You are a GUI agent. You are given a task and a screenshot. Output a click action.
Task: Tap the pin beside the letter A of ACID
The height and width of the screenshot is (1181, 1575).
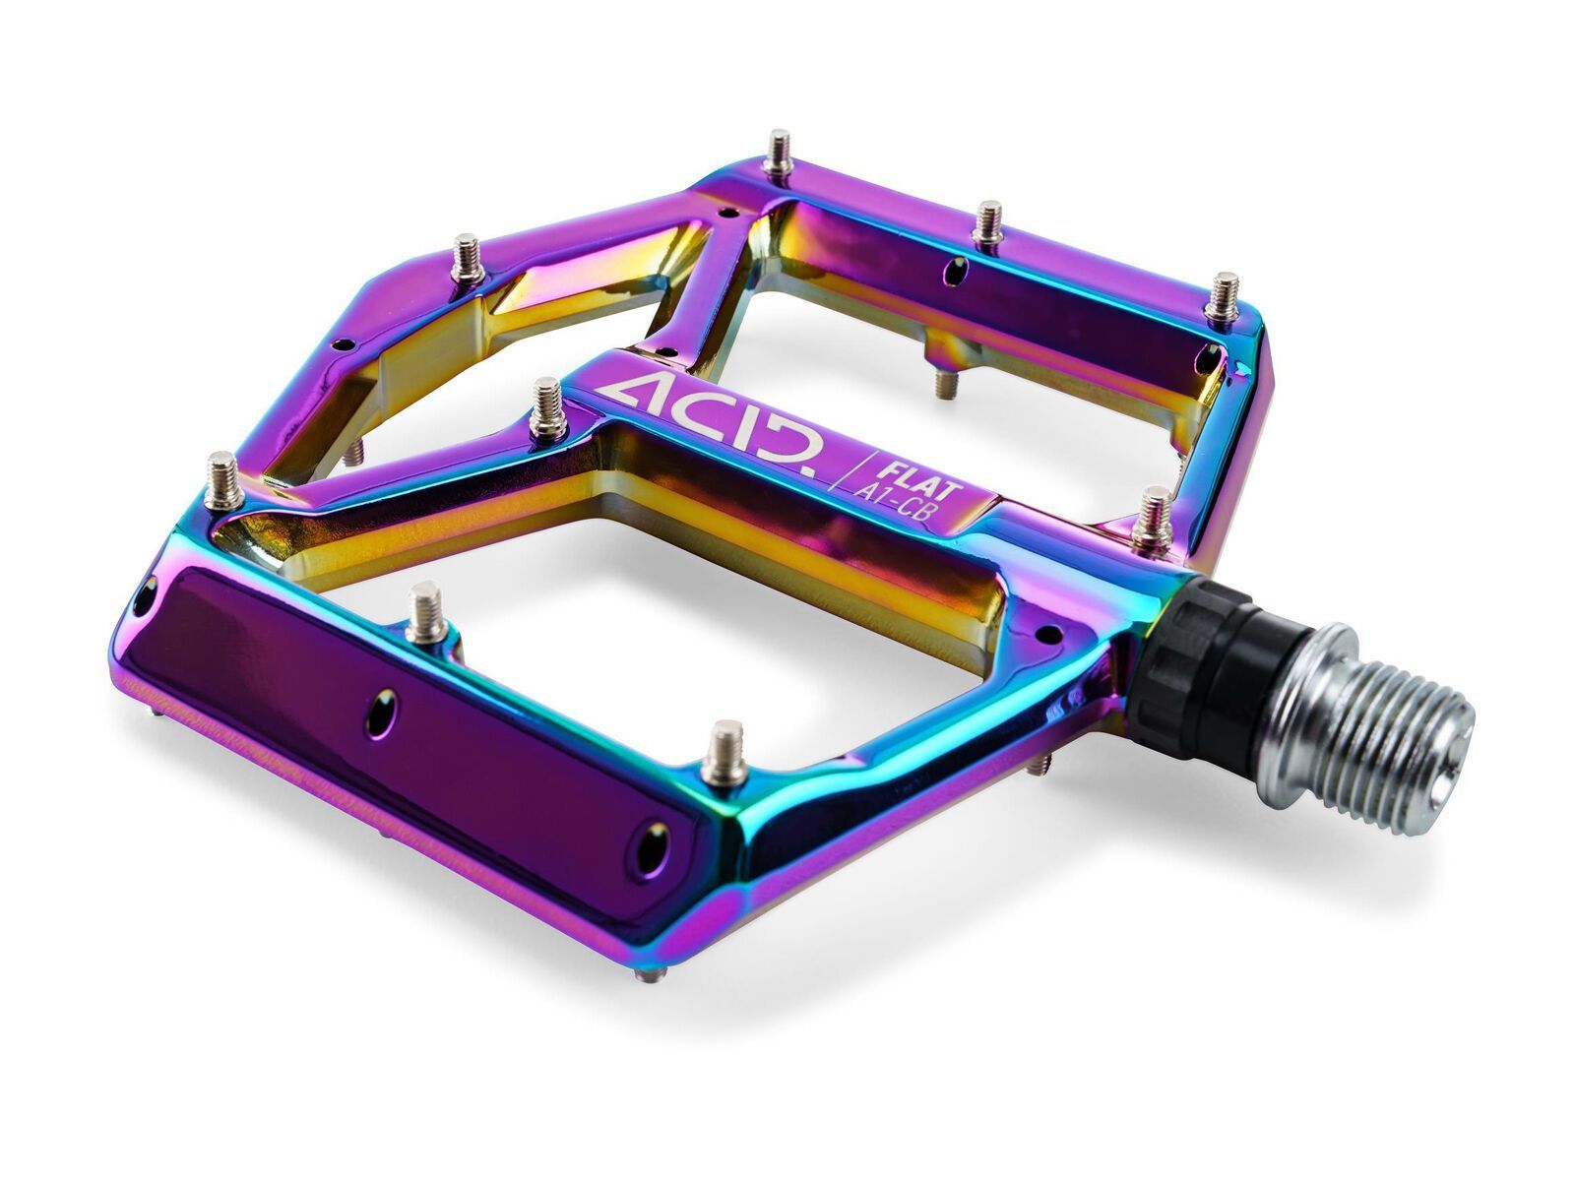tap(547, 407)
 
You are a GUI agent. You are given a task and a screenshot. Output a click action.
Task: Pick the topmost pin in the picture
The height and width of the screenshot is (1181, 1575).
tap(779, 154)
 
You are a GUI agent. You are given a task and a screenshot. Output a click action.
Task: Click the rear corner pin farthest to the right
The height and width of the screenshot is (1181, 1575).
tap(1223, 296)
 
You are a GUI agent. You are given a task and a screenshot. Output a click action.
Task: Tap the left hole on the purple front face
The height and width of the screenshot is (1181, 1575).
tap(381, 711)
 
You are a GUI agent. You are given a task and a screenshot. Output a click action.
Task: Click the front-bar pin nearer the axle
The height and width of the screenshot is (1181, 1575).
tap(726, 752)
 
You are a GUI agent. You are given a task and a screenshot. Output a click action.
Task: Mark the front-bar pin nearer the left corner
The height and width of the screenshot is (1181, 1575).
tap(425, 611)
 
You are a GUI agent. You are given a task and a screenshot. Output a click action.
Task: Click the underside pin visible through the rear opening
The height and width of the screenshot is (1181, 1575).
tap(944, 380)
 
